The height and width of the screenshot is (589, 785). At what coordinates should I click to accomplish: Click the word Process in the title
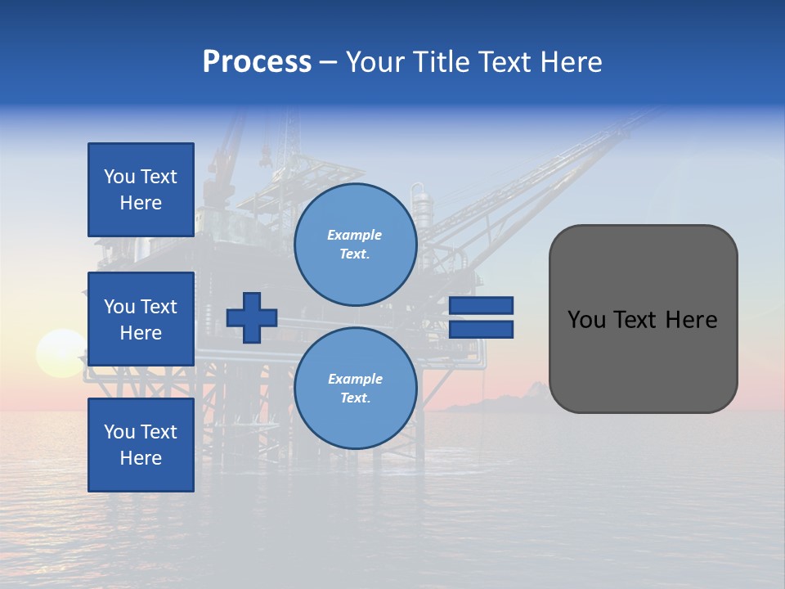click(x=257, y=62)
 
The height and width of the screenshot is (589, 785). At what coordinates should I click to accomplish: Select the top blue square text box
click(x=141, y=190)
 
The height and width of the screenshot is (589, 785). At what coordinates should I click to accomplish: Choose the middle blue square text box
click(x=141, y=319)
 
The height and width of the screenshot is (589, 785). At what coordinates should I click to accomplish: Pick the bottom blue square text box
click(x=141, y=444)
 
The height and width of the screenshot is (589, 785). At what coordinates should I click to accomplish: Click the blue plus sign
click(x=252, y=317)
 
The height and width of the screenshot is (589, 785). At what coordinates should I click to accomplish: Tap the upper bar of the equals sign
click(x=481, y=305)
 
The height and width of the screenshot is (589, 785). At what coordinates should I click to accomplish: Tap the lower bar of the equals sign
click(x=481, y=330)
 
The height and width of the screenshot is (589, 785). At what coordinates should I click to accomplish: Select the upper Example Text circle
click(x=355, y=244)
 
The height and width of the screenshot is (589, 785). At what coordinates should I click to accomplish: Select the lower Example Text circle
click(x=355, y=388)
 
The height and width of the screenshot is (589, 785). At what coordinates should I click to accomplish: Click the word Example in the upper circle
click(x=355, y=235)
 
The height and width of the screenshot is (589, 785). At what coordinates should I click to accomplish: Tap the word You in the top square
click(x=119, y=177)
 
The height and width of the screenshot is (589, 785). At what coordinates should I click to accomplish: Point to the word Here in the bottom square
click(x=141, y=458)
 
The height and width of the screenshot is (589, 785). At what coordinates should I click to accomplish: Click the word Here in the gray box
click(x=691, y=320)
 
